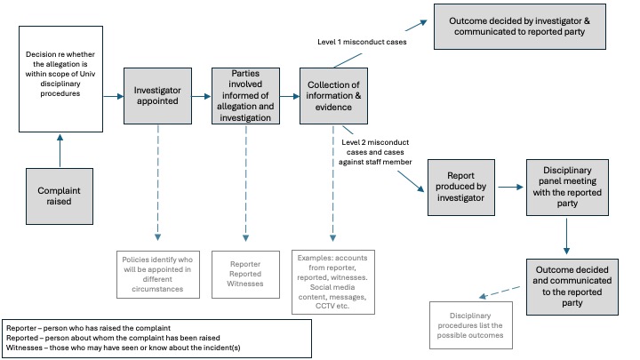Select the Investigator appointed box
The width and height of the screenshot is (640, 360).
pyautogui.click(x=157, y=96)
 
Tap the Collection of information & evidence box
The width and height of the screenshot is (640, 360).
pyautogui.click(x=333, y=96)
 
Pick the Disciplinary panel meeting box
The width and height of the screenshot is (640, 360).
pyautogui.click(x=565, y=188)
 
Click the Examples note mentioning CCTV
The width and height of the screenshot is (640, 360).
pyautogui.click(x=334, y=282)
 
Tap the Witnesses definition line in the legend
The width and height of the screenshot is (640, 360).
pyautogui.click(x=133, y=348)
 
